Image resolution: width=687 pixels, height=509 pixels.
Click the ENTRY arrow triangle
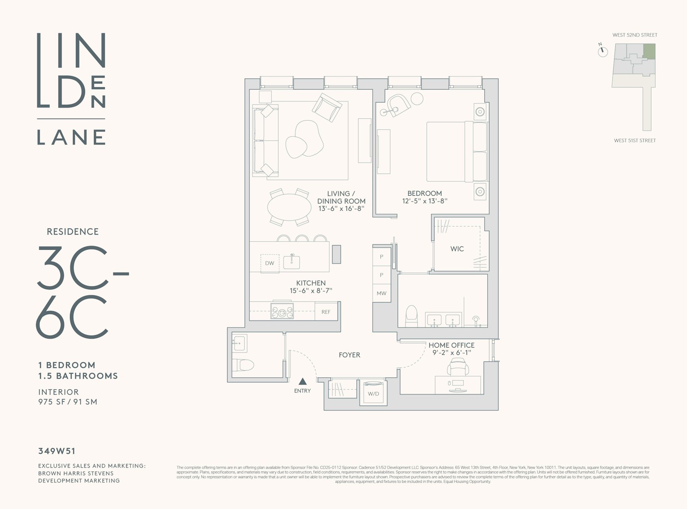point(303,381)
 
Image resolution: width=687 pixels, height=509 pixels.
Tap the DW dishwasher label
point(270,263)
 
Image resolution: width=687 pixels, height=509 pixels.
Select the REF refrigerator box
point(326,312)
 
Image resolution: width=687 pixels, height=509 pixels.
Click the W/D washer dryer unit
point(373,394)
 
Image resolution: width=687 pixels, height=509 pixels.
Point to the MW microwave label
point(381,294)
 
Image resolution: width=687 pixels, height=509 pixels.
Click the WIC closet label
point(457,249)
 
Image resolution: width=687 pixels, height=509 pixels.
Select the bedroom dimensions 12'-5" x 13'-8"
point(425,201)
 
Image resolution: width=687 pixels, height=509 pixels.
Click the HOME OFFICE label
point(451,345)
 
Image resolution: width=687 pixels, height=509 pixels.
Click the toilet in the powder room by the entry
point(243,365)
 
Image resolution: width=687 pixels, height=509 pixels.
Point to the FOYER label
point(349,355)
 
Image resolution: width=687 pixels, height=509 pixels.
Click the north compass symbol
point(603,52)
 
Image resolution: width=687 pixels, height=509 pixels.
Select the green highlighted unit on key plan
point(649,51)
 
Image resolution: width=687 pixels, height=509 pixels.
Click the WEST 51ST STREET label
point(635,140)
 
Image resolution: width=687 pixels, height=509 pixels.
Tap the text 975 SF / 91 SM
point(68,402)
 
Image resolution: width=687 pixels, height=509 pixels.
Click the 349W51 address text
point(57,451)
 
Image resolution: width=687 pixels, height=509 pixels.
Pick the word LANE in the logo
point(71,137)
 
